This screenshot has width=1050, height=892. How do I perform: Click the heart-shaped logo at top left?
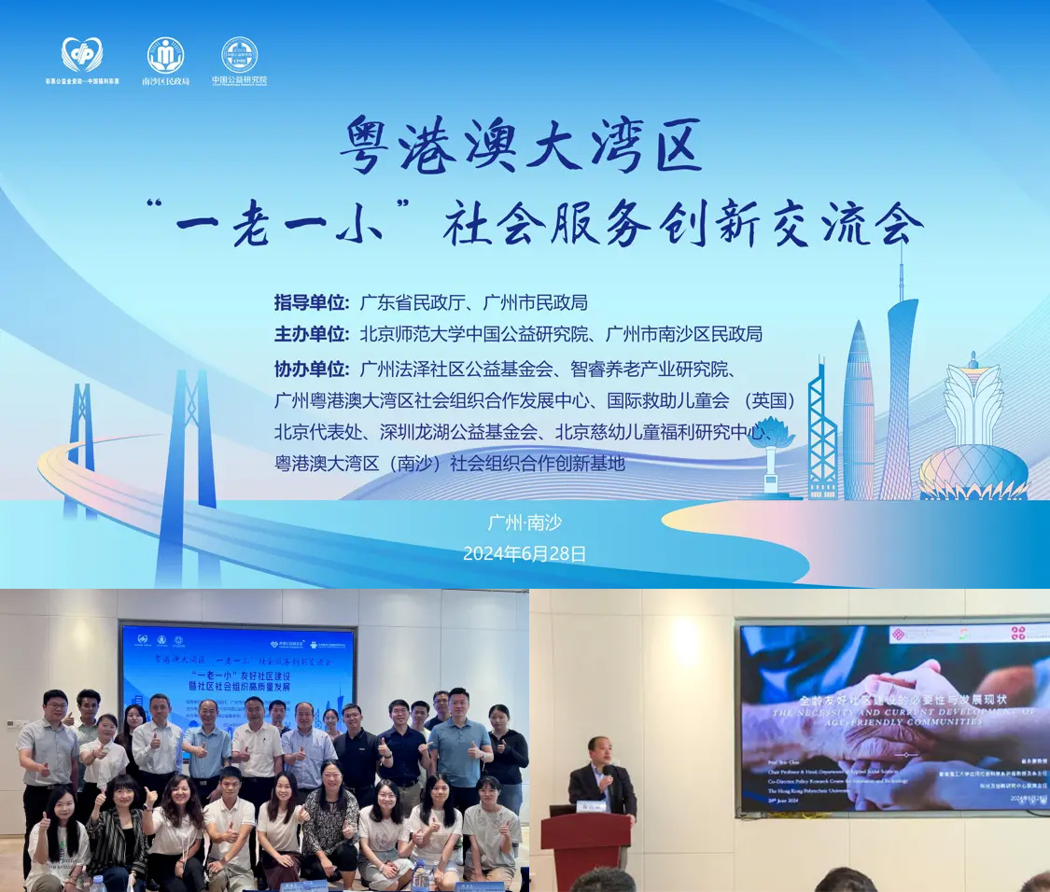[82, 55]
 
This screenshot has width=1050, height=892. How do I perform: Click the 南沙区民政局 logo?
[165, 55]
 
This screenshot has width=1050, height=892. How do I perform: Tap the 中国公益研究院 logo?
[239, 55]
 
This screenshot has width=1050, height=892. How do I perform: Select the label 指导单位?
[311, 302]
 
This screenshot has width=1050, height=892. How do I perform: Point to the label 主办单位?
[311, 333]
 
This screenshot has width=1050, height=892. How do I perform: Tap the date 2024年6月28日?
[525, 553]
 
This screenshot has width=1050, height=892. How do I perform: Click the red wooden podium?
[586, 849]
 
